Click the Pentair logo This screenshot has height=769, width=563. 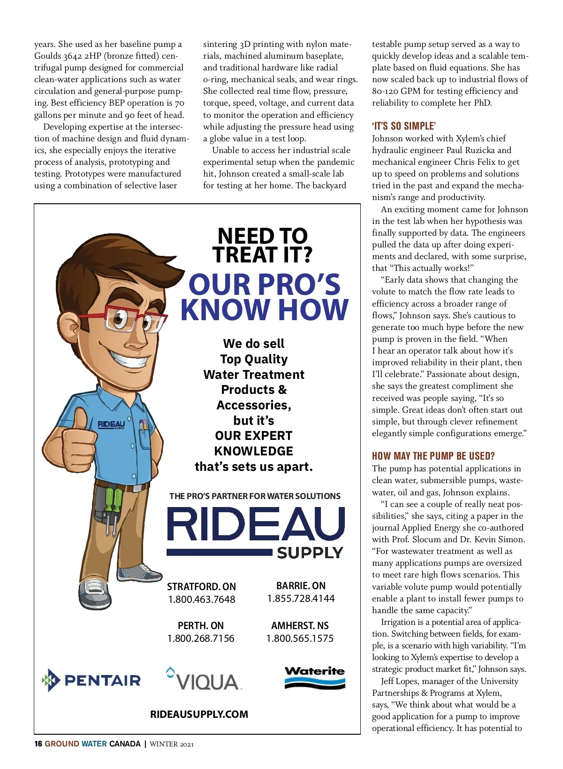click(x=92, y=680)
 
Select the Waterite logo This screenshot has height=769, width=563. click(x=314, y=677)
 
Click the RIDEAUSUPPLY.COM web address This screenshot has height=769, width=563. click(x=199, y=714)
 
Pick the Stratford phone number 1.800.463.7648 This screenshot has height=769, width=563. click(x=202, y=599)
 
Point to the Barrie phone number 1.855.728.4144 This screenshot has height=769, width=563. click(x=301, y=598)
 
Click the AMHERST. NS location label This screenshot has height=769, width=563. click(x=300, y=625)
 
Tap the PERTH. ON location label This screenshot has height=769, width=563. click(x=200, y=625)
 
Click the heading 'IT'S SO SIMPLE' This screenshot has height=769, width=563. click(x=404, y=126)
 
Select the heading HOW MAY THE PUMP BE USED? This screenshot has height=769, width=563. click(x=433, y=456)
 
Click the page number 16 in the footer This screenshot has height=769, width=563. click(x=38, y=744)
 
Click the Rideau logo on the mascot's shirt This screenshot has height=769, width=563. click(x=111, y=424)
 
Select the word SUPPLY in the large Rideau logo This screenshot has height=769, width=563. click(x=310, y=553)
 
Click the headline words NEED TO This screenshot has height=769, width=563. click(x=262, y=236)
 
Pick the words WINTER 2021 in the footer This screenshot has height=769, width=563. click(x=172, y=744)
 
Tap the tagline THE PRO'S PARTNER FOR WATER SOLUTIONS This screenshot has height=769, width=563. click(x=255, y=496)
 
